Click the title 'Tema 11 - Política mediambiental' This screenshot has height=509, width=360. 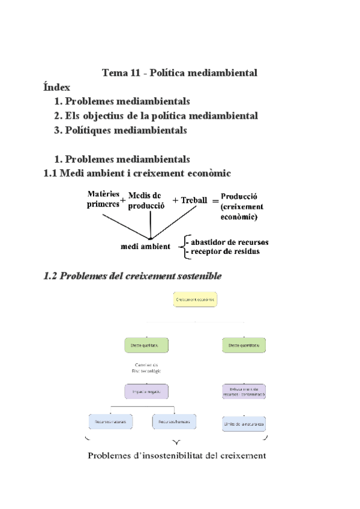pyautogui.click(x=179, y=73)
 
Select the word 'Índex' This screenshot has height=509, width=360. pyautogui.click(x=57, y=87)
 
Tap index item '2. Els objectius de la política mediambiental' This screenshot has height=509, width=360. pyautogui.click(x=156, y=115)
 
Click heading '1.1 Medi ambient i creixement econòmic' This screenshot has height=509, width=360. pyautogui.click(x=137, y=173)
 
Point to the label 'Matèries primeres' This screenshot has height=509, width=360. pyautogui.click(x=103, y=199)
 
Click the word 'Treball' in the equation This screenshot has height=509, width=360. pyautogui.click(x=194, y=200)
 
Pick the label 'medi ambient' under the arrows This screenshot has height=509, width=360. pyautogui.click(x=145, y=246)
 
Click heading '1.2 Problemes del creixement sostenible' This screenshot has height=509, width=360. pyautogui.click(x=133, y=277)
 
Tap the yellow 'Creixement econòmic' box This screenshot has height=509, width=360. pyautogui.click(x=196, y=299)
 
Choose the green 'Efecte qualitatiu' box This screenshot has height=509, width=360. pyautogui.click(x=146, y=346)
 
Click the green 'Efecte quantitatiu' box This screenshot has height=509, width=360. pyautogui.click(x=244, y=346)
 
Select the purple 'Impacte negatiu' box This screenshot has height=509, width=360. pyautogui.click(x=146, y=392)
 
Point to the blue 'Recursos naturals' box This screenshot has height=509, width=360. pyautogui.click(x=110, y=422)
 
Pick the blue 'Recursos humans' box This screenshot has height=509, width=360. pyautogui.click(x=175, y=422)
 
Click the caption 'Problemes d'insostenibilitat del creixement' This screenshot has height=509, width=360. pyautogui.click(x=177, y=456)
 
